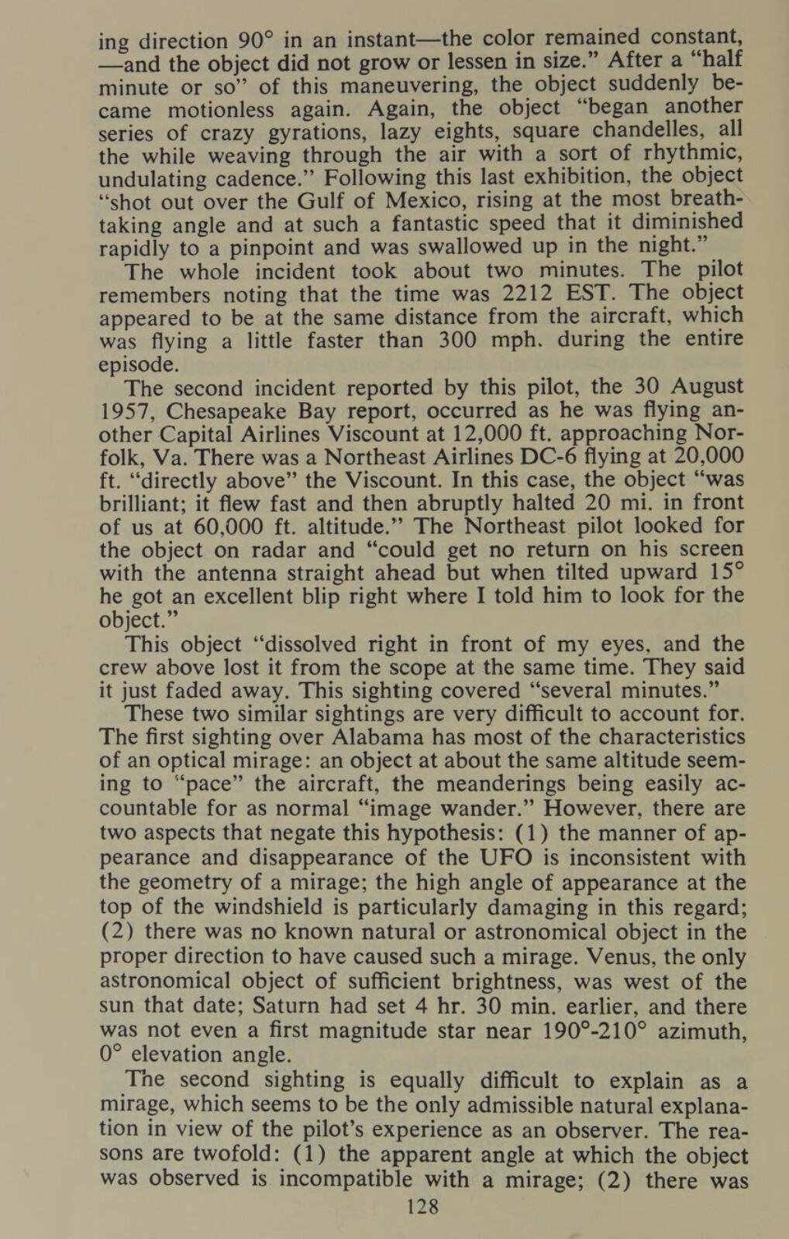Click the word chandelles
[632, 129]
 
